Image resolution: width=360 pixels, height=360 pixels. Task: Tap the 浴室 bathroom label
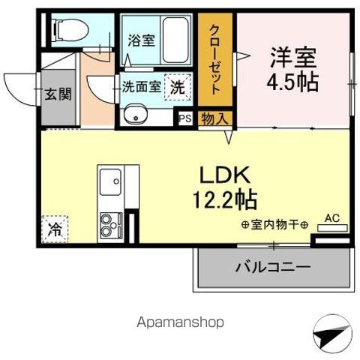(142, 40)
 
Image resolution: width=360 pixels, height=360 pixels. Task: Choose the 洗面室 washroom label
(142, 86)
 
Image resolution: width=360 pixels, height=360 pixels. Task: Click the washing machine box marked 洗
(177, 86)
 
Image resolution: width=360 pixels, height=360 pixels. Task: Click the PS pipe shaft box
(184, 117)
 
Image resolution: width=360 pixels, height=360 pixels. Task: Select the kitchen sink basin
(111, 181)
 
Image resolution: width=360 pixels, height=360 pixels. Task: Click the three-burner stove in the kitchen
(112, 222)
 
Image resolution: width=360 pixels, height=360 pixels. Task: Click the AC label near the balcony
(331, 219)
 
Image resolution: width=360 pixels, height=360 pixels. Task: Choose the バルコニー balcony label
(273, 266)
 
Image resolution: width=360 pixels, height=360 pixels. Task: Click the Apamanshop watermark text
(180, 322)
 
